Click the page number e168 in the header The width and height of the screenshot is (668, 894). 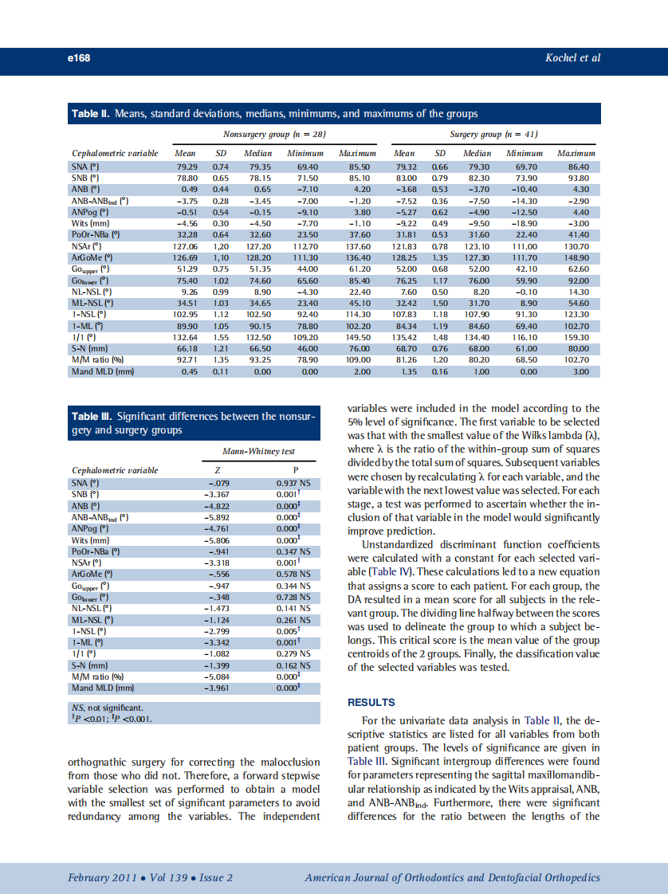(x=77, y=58)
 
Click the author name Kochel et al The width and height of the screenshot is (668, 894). (x=573, y=58)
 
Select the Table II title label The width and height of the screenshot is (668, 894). (x=92, y=114)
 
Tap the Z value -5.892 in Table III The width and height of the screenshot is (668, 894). (x=217, y=516)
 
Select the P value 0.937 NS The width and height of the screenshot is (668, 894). (x=293, y=483)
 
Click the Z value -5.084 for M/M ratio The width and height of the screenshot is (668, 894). (x=217, y=676)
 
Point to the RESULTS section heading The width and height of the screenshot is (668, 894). (x=371, y=702)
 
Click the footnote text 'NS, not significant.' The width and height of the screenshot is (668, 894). (x=107, y=707)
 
